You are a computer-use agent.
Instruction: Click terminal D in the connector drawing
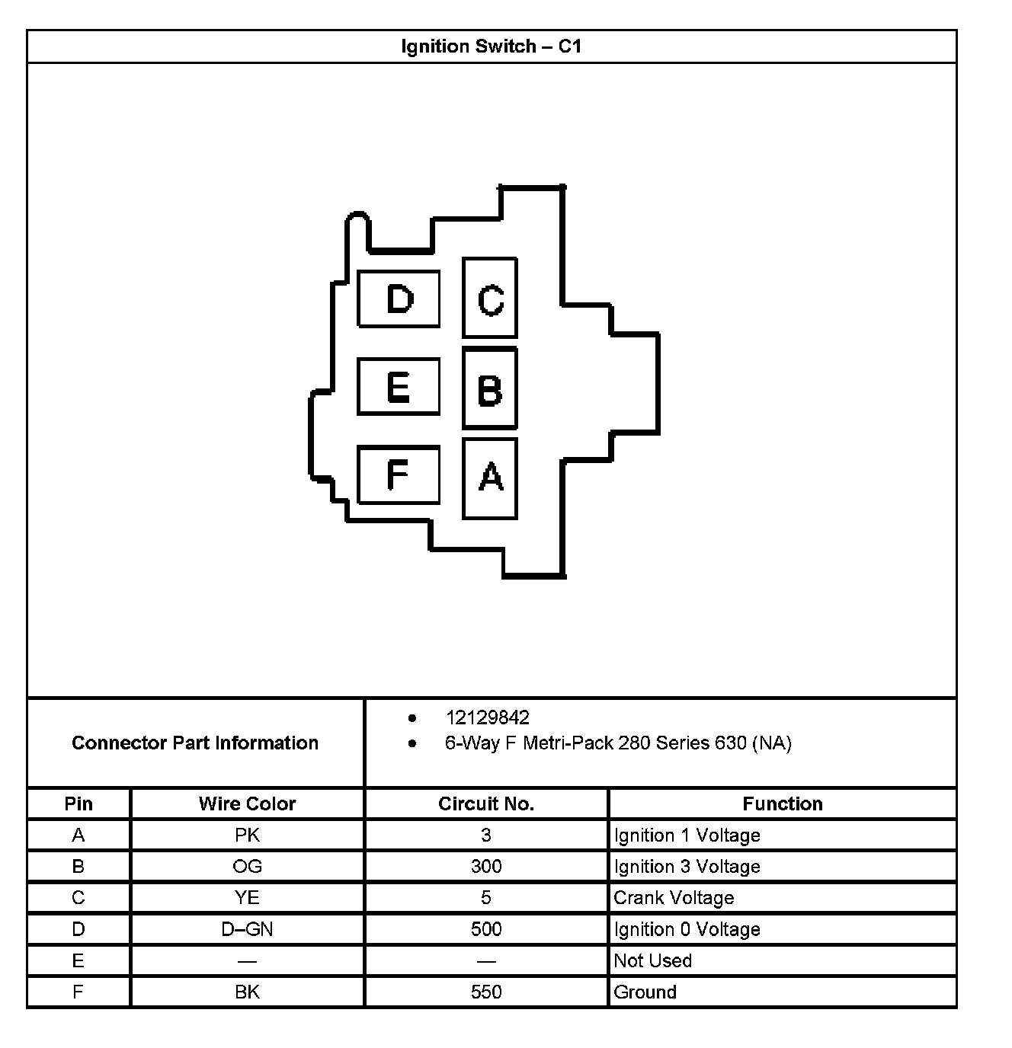coord(399,299)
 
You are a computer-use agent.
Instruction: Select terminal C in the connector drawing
coord(490,298)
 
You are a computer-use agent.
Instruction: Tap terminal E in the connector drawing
coord(399,387)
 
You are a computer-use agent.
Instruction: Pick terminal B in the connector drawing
coord(490,388)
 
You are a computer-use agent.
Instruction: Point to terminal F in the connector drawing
coord(399,475)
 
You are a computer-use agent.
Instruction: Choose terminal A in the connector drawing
coord(490,478)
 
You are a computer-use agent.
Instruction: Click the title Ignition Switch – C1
coord(492,46)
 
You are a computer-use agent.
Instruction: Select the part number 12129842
coord(487,717)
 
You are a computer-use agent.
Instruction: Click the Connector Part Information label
coord(195,743)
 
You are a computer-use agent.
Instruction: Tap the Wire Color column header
coord(247,804)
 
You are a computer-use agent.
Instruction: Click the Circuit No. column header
coord(486,804)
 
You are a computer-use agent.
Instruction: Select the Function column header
coord(783,804)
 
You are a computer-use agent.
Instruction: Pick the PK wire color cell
coord(247,836)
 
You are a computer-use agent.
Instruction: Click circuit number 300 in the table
coord(486,867)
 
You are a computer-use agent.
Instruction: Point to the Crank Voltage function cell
coord(674,898)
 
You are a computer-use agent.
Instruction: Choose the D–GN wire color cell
coord(247,929)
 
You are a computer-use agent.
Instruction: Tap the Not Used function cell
coord(652,960)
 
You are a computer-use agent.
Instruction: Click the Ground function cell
coord(645,992)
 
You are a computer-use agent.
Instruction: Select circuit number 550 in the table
coord(486,992)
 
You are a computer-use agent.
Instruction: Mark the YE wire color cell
coord(247,898)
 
